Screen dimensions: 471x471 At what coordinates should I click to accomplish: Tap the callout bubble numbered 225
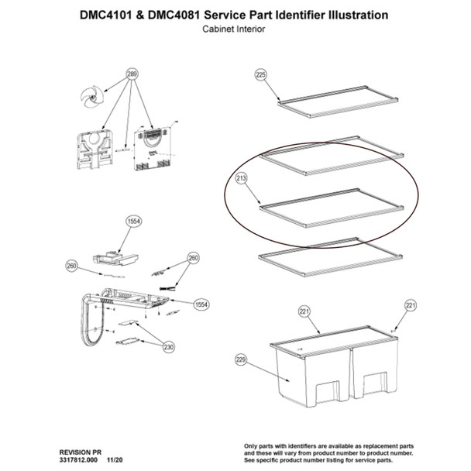click(260, 74)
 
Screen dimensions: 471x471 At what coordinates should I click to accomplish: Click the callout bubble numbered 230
click(168, 347)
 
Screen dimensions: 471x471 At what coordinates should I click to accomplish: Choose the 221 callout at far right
click(411, 304)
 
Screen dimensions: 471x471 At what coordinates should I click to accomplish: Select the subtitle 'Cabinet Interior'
click(235, 29)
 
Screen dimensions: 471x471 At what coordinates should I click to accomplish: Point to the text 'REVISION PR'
click(81, 450)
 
